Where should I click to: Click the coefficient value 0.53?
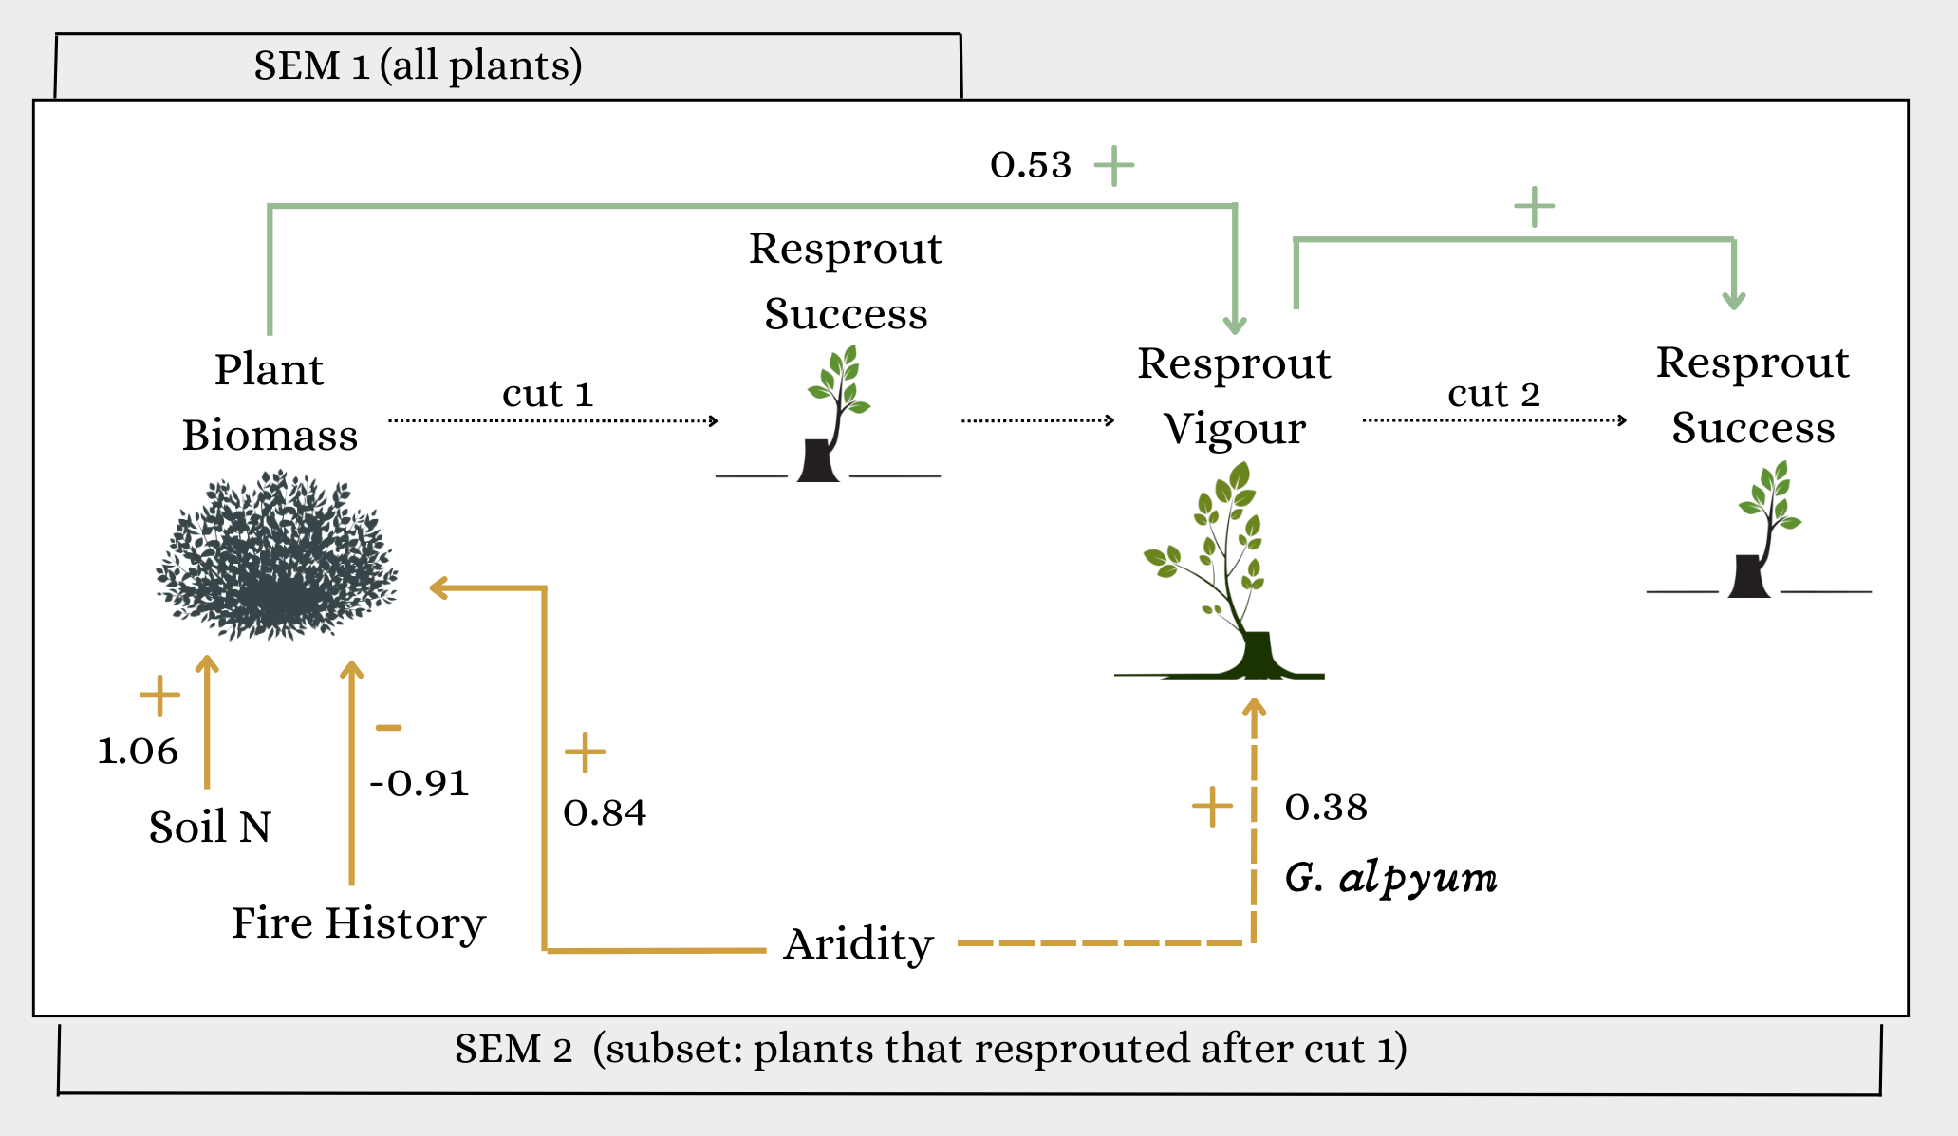1030,165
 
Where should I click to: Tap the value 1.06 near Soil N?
138,752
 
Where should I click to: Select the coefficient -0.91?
420,784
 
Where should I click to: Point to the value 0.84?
605,813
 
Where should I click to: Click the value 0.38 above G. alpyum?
1326,808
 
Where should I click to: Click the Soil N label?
210,828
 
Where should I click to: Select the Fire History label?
358,923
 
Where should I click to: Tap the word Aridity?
858,944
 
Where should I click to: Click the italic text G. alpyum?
1390,878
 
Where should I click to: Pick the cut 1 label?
548,394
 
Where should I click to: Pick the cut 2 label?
1493,394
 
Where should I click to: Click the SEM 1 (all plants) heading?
418,66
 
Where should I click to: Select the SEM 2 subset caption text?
930,1050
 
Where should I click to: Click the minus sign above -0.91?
388,728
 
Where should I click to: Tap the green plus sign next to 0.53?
1114,166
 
